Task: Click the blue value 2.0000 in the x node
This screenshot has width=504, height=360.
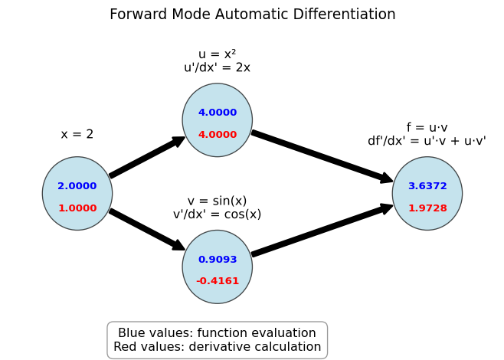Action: click(x=77, y=186)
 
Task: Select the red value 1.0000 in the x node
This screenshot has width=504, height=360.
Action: click(x=77, y=208)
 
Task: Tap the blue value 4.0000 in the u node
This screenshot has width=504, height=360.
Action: click(x=218, y=112)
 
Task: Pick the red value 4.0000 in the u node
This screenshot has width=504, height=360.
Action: click(x=218, y=134)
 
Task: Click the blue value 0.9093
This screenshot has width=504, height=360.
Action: click(x=218, y=259)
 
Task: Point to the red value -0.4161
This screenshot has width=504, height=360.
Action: click(x=218, y=281)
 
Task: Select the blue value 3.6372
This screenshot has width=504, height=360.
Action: click(x=427, y=186)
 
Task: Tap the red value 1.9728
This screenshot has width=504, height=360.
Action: click(x=427, y=208)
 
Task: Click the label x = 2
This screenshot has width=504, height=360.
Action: click(x=77, y=134)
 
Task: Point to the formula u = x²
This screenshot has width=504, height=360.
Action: click(x=218, y=54)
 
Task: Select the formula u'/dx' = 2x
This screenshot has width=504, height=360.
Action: click(x=217, y=67)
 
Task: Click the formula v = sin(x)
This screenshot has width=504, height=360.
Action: click(x=217, y=201)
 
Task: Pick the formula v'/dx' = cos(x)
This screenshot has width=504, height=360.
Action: click(x=217, y=214)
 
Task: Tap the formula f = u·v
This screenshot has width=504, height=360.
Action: click(x=427, y=128)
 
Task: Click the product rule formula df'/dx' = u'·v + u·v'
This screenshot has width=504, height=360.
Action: click(x=427, y=141)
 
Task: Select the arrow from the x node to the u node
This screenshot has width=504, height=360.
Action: click(x=148, y=157)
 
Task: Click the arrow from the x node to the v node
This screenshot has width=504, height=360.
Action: click(x=148, y=230)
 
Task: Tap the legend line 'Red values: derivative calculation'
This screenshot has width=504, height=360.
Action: click(x=218, y=347)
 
